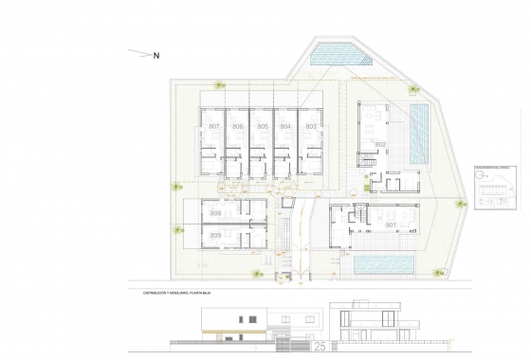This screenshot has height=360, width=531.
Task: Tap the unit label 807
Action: pos(214,127)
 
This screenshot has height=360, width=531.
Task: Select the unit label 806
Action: pos(238,127)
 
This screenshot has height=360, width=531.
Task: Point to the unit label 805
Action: pos(262,127)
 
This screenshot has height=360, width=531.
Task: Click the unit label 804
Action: pos(285,127)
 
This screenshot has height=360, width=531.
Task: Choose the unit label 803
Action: pos(310,127)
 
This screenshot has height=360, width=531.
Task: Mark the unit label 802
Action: pos(380,144)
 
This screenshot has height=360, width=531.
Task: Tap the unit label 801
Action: pos(392,225)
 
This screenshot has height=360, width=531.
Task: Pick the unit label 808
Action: pos(215,213)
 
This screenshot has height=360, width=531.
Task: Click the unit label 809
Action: pos(215,235)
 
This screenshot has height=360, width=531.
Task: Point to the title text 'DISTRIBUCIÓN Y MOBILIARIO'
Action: pos(181,293)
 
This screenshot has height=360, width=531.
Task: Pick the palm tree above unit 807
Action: pos(220,86)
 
